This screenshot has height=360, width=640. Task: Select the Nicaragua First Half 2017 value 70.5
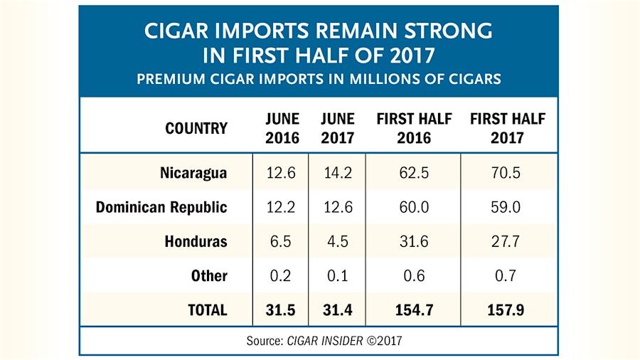point(507,173)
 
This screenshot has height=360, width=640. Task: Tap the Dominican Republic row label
point(161,207)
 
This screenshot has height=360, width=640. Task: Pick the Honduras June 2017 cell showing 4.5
point(337,241)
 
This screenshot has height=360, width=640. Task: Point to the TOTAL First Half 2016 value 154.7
point(414,310)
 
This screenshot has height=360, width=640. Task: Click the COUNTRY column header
point(196,128)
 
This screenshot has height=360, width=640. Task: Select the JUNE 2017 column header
point(337,128)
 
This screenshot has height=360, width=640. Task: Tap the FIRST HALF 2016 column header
point(414,128)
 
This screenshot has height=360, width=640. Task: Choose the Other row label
point(209,276)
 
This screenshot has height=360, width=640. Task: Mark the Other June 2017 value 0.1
point(337,276)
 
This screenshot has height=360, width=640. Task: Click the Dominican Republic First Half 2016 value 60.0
point(414,207)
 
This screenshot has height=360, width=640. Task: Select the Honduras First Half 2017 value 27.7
point(507,241)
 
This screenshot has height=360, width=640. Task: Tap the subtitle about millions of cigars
point(319,79)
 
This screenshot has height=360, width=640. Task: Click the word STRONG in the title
point(448,31)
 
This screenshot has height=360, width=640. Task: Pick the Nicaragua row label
point(193,173)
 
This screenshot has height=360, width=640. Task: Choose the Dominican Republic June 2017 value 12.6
point(337,207)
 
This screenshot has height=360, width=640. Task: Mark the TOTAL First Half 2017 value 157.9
point(507,310)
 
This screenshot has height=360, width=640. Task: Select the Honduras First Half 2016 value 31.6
point(414,241)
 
